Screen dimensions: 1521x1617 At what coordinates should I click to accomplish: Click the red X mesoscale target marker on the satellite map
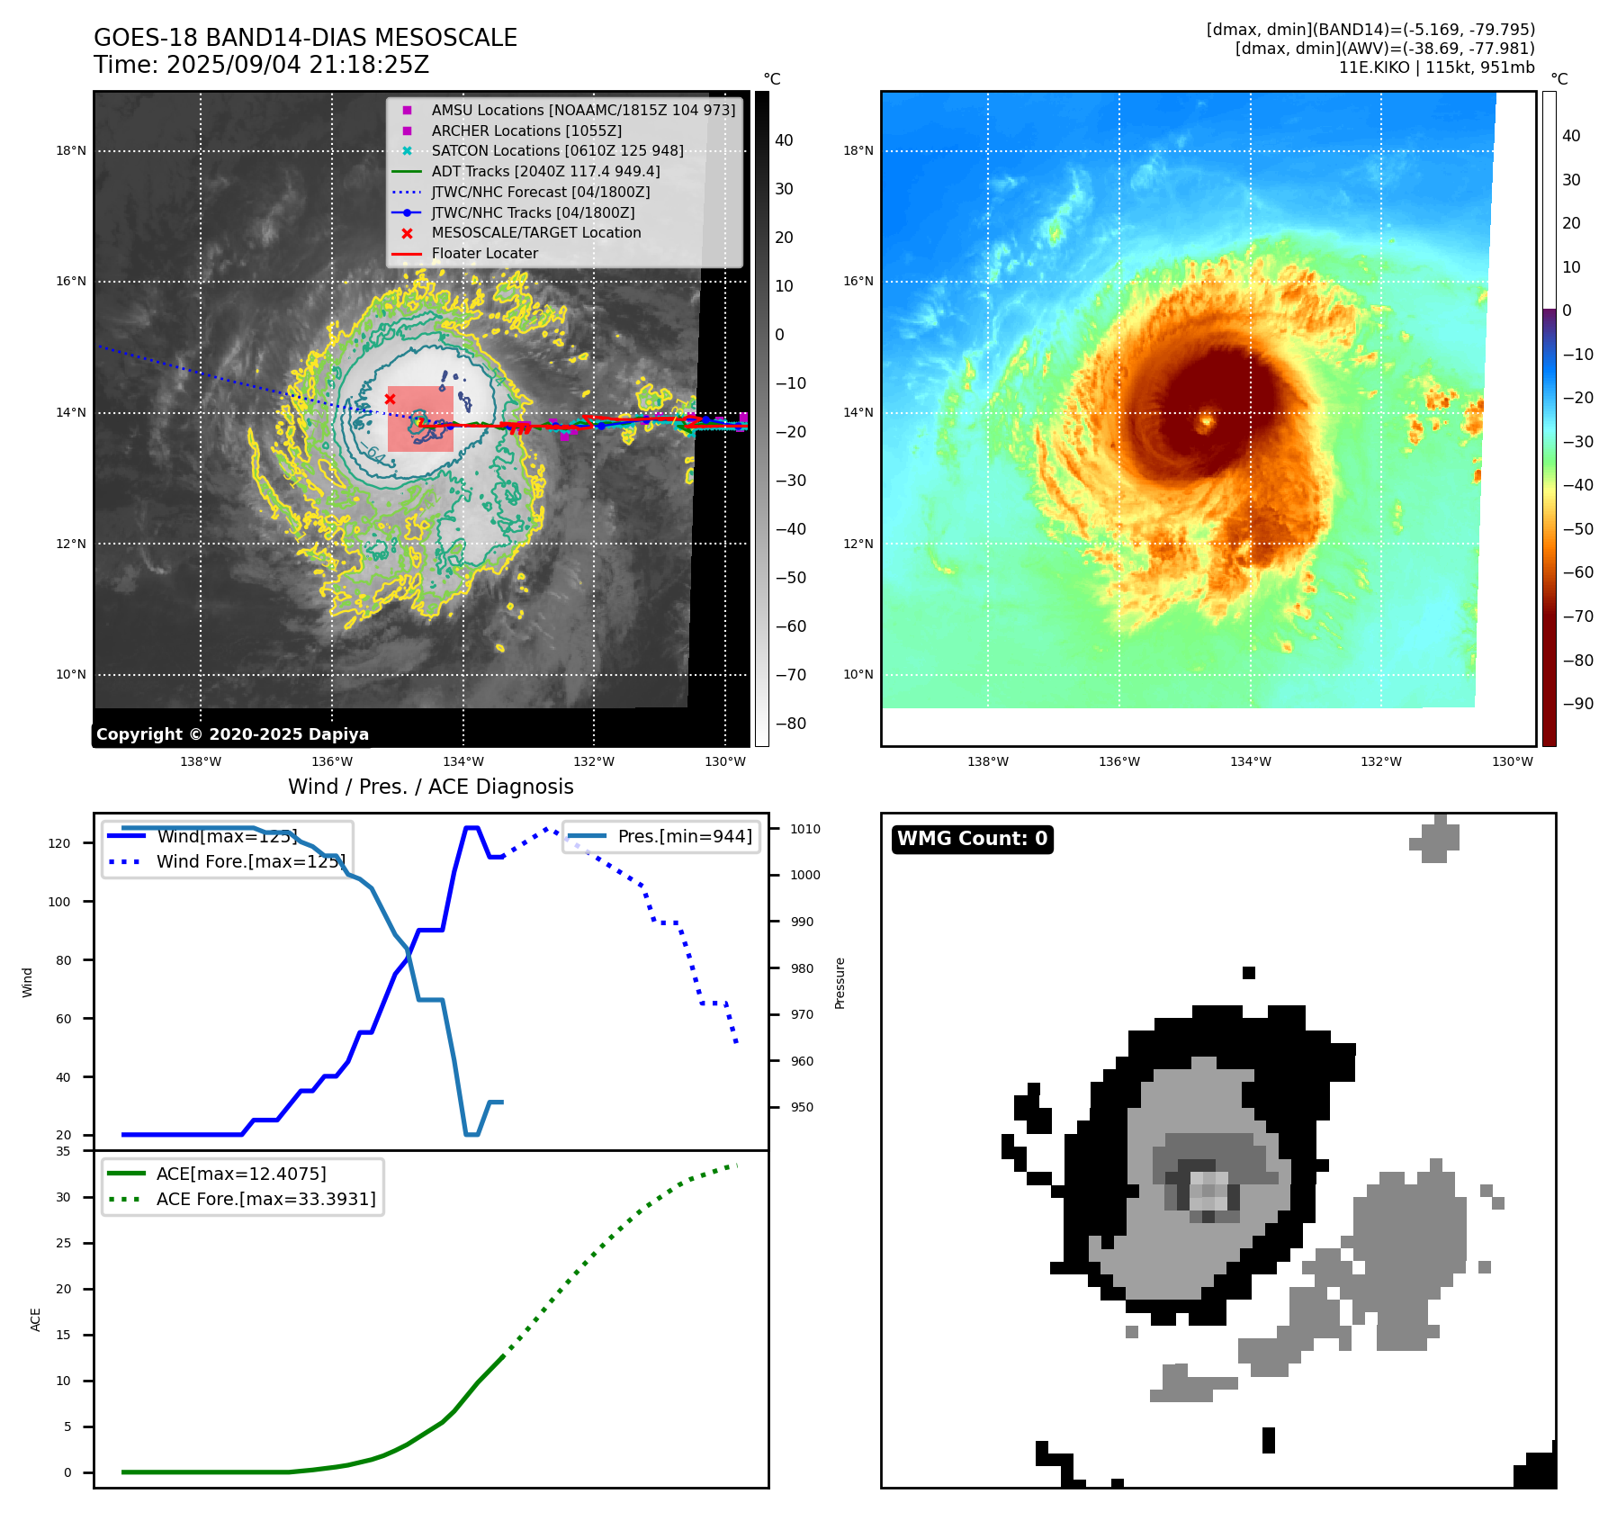point(390,399)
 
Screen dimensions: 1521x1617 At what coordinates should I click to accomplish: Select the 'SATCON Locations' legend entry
point(557,151)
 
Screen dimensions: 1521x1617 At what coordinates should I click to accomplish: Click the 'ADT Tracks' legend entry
point(545,171)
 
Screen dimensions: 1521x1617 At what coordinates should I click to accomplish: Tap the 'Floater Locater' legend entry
point(484,254)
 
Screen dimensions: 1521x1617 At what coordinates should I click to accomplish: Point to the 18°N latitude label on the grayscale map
point(71,151)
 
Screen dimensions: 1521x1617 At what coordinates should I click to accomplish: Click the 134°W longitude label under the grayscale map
point(463,762)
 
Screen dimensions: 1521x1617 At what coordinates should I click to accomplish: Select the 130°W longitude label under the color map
point(1512,762)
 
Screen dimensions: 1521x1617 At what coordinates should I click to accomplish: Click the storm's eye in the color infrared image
point(1206,420)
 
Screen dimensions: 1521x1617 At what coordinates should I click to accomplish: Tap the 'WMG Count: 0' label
point(972,839)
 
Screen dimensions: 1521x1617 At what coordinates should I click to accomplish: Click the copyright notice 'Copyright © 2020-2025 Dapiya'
point(232,734)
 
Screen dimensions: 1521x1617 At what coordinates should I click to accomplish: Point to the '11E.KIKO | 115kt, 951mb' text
point(1436,67)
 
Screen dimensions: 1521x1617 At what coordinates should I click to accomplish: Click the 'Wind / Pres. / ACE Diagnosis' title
point(430,787)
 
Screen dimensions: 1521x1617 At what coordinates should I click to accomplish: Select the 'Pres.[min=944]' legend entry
point(684,836)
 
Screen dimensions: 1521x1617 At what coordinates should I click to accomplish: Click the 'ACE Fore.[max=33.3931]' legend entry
point(265,1199)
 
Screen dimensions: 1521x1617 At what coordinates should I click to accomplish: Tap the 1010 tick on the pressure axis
point(805,829)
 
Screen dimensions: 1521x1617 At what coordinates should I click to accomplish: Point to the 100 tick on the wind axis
point(59,902)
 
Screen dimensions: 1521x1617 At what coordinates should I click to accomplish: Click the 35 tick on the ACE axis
point(63,1151)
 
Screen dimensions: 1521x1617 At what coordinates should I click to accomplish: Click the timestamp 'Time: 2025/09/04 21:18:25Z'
point(261,65)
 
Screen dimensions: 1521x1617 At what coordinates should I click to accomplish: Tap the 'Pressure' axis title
point(840,983)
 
